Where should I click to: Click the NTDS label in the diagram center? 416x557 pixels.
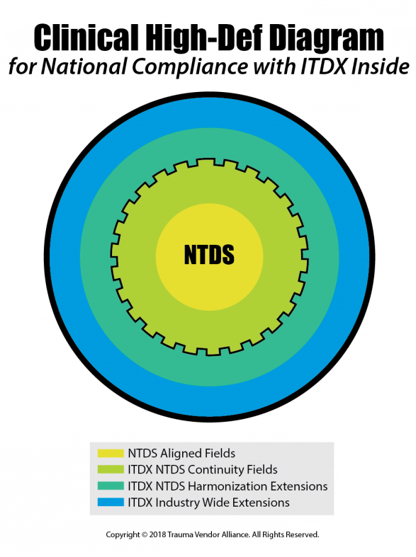click(x=209, y=254)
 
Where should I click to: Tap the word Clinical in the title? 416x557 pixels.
click(x=86, y=38)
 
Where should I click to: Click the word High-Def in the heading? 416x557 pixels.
click(x=203, y=38)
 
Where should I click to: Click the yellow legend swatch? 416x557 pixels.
click(x=111, y=453)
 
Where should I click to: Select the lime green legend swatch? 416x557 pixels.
click(x=111, y=470)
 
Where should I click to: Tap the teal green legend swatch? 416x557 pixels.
click(x=111, y=486)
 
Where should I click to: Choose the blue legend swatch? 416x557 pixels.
click(x=111, y=503)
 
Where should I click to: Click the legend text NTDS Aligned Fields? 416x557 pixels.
click(x=181, y=454)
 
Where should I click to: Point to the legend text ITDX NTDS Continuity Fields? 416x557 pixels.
click(x=203, y=470)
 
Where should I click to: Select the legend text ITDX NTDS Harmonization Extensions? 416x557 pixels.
click(x=228, y=486)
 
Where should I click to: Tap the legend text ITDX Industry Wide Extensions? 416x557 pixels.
click(x=209, y=503)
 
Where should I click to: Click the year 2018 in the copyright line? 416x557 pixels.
click(x=157, y=534)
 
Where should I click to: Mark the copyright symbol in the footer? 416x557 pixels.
click(x=145, y=534)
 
